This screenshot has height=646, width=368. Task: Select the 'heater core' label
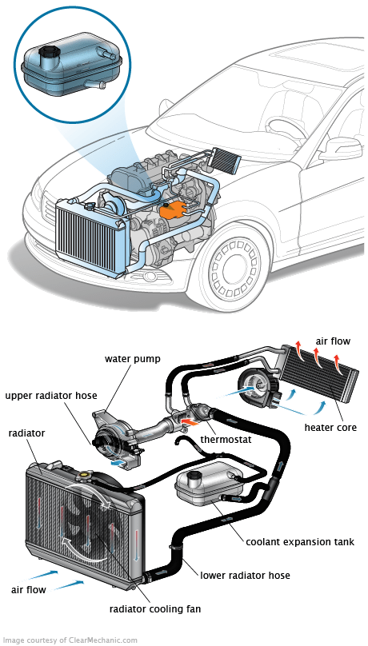point(330,427)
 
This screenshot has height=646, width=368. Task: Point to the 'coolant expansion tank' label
point(300,541)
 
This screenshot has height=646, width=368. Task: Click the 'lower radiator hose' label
point(245,575)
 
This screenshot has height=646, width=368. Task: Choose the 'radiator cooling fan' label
point(155,608)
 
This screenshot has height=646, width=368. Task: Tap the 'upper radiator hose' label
point(51,396)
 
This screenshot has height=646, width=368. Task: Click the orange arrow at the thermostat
point(190,422)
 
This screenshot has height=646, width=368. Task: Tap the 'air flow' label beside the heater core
point(333,341)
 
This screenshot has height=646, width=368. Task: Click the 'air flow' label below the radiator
point(29,588)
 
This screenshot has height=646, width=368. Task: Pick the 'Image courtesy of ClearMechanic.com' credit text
point(70,640)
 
